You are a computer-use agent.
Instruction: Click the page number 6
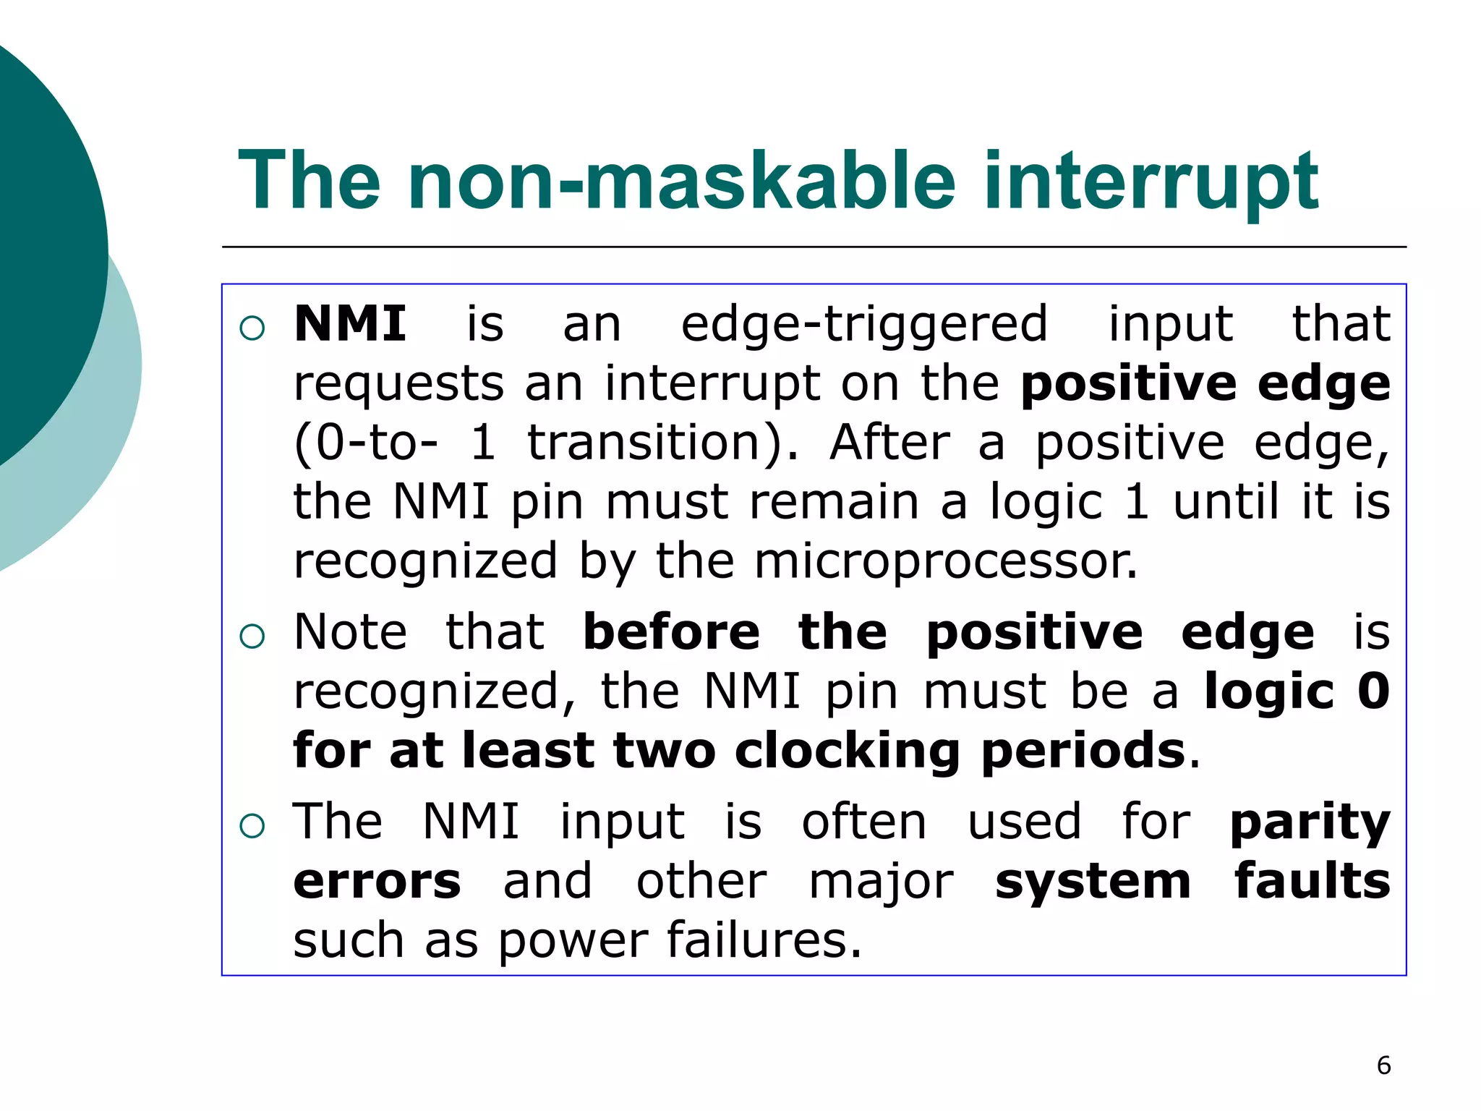click(x=1383, y=1065)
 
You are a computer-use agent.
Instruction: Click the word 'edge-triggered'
click(x=864, y=325)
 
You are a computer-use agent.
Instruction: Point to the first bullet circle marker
click(x=252, y=328)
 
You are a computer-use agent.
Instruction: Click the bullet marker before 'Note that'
click(x=252, y=637)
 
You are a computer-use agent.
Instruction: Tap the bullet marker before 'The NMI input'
click(x=252, y=825)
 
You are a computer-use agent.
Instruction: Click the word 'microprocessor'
click(x=945, y=562)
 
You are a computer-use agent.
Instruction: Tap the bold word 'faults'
click(x=1312, y=882)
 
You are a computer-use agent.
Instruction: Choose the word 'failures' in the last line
click(x=764, y=940)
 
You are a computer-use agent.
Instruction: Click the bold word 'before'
click(x=671, y=632)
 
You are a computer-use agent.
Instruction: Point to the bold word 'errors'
click(x=377, y=882)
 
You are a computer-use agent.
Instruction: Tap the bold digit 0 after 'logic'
click(x=1373, y=691)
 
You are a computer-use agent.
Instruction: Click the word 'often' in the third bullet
click(x=864, y=822)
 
